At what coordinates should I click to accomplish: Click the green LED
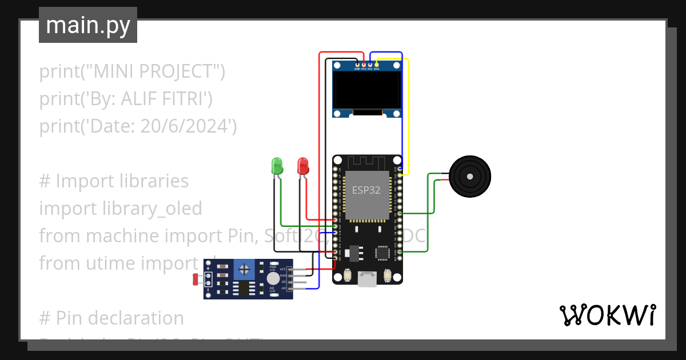click(277, 166)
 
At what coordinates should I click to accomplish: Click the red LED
click(303, 166)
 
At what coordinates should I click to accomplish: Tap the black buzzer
click(469, 177)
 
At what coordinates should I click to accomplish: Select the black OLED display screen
click(368, 91)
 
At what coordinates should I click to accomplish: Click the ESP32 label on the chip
click(366, 190)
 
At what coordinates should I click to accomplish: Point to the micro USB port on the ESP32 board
click(366, 278)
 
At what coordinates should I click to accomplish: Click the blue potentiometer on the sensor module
click(245, 269)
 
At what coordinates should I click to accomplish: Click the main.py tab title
click(88, 25)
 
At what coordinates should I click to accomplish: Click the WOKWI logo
click(607, 315)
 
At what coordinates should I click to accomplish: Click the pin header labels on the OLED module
click(366, 69)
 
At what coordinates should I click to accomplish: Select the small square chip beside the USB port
click(382, 253)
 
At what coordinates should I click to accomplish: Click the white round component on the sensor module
click(273, 278)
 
